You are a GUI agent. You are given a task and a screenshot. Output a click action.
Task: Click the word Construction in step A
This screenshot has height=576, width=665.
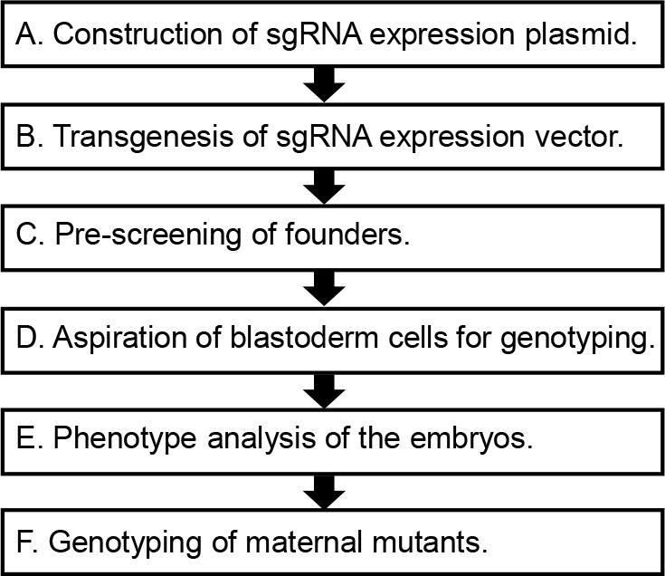pos(138,34)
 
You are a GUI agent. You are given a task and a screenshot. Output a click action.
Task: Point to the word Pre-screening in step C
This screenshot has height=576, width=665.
pos(148,235)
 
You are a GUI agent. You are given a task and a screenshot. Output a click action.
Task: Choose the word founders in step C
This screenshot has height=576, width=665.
pos(347,234)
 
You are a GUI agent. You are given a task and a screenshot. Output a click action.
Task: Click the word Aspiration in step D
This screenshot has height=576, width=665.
pos(119,340)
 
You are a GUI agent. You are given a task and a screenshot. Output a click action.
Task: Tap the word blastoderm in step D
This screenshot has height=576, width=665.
pos(304,338)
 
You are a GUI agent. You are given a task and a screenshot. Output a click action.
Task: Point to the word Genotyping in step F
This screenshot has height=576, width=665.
pos(125,543)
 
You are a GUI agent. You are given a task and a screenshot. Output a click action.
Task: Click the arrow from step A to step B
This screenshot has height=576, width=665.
pos(325,84)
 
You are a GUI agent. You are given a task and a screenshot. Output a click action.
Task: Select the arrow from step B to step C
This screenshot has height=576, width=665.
pos(325,187)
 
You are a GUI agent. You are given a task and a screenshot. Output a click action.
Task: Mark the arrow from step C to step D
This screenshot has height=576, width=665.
pos(325,288)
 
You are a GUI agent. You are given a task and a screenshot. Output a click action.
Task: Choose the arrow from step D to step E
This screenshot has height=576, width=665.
pos(325,390)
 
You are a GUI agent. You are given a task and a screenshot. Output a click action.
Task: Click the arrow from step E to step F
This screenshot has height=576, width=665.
pos(325,492)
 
